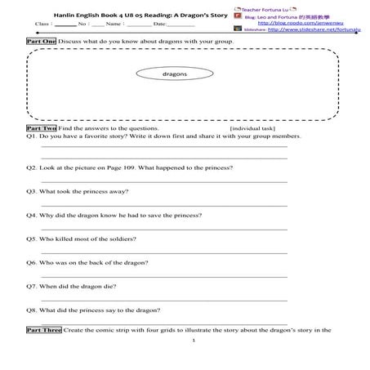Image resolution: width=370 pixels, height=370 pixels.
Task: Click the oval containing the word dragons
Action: coord(175,73)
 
